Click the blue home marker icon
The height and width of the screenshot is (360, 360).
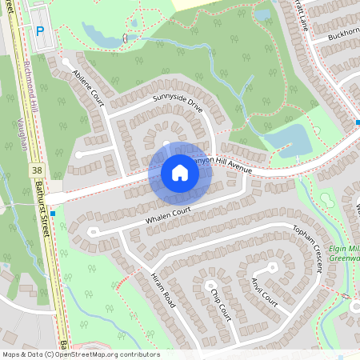tap(179, 173)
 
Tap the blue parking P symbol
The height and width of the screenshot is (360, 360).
tap(39, 30)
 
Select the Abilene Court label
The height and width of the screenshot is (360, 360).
tap(88, 86)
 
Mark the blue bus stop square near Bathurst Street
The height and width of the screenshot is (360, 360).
tap(53, 214)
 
